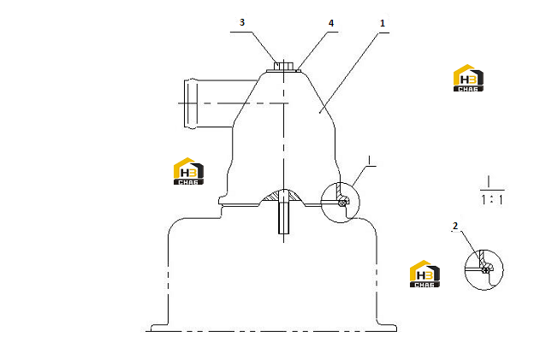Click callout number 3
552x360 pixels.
click(x=242, y=22)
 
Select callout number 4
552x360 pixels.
click(x=331, y=23)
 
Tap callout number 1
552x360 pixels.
click(x=383, y=24)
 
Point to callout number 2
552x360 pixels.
click(x=455, y=226)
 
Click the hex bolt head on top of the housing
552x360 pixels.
click(x=284, y=66)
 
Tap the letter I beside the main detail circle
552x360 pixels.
click(x=369, y=160)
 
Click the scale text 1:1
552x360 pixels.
click(x=492, y=200)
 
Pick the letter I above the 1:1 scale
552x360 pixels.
click(x=489, y=181)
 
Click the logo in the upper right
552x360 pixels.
click(x=468, y=78)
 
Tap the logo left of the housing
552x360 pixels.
click(x=188, y=171)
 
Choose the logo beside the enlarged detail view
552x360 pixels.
click(x=424, y=274)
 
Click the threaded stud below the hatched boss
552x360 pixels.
click(x=284, y=217)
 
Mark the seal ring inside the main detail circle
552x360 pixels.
click(x=341, y=203)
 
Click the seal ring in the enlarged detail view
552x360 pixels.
click(x=486, y=270)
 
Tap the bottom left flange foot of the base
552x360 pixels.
click(x=159, y=328)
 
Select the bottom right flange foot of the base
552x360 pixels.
click(x=387, y=328)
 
